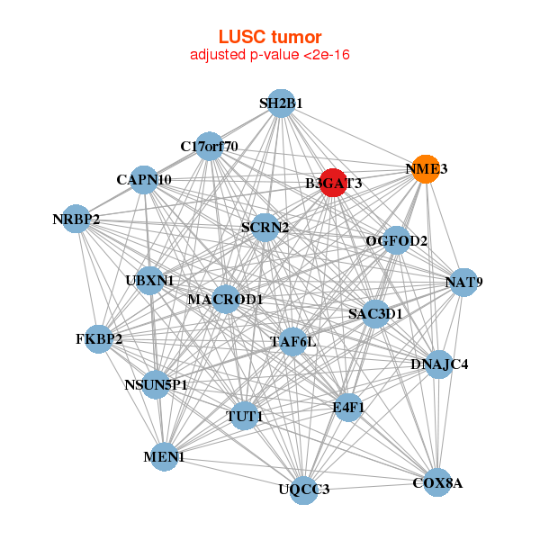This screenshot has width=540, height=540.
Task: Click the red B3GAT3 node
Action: click(x=333, y=183)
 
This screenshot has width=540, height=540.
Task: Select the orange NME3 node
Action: click(x=426, y=169)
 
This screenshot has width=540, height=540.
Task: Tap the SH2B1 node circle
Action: click(x=281, y=103)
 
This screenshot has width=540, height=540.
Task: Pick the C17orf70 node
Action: click(x=209, y=146)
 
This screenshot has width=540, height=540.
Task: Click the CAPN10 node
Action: click(x=144, y=179)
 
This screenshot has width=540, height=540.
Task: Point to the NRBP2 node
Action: click(x=76, y=219)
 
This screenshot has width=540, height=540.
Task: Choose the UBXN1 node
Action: click(x=149, y=280)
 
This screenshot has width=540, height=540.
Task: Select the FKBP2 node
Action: click(x=98, y=339)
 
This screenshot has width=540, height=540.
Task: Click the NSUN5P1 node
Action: click(x=156, y=385)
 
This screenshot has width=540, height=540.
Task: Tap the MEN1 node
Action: click(x=163, y=457)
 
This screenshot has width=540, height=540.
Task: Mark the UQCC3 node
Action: click(x=304, y=489)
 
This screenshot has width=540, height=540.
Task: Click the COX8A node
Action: click(x=437, y=483)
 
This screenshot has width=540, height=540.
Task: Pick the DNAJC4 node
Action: click(x=438, y=364)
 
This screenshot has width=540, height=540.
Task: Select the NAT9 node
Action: click(x=463, y=283)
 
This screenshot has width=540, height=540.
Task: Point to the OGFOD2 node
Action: click(x=396, y=241)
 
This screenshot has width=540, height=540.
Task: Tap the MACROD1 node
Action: click(x=225, y=299)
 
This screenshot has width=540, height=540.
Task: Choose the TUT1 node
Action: click(x=244, y=417)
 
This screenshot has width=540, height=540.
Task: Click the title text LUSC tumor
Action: click(x=270, y=37)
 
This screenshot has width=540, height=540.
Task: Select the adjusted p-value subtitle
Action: click(x=270, y=55)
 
